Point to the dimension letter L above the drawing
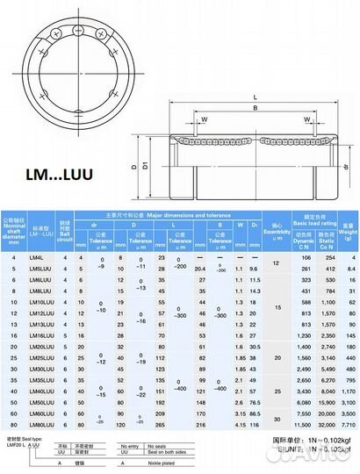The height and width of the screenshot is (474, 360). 255,97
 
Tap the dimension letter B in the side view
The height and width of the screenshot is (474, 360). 254,109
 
